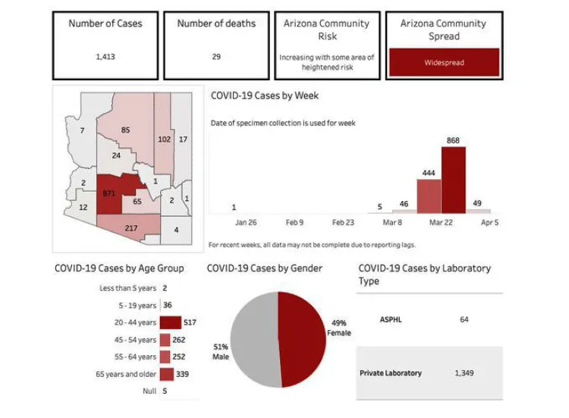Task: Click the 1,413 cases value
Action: click(x=105, y=56)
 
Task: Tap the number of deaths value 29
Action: click(x=216, y=56)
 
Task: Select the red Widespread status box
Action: click(x=444, y=62)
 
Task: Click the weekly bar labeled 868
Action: click(x=453, y=181)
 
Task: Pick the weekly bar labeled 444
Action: click(x=429, y=196)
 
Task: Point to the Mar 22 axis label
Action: click(x=440, y=223)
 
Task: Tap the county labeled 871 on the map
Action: click(x=111, y=194)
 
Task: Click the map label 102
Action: click(x=164, y=140)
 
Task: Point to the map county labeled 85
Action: click(x=126, y=130)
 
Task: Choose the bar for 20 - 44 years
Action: click(x=170, y=322)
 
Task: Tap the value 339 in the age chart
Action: click(x=182, y=373)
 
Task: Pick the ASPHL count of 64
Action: click(x=464, y=319)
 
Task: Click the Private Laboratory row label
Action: click(x=390, y=373)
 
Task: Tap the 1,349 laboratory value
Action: click(x=464, y=373)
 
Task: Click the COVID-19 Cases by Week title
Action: click(x=264, y=96)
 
